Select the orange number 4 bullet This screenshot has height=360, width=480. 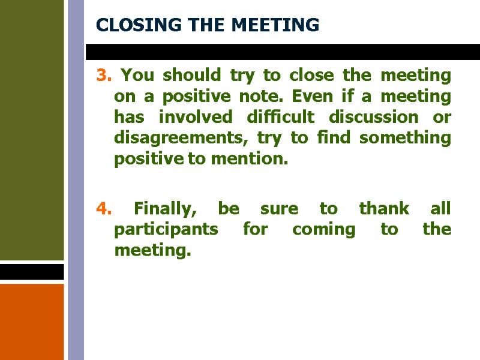click(103, 209)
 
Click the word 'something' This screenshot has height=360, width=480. click(407, 138)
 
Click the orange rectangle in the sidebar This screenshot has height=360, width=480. click(32, 322)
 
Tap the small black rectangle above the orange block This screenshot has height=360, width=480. click(32, 272)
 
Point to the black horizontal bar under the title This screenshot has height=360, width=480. click(282, 52)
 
